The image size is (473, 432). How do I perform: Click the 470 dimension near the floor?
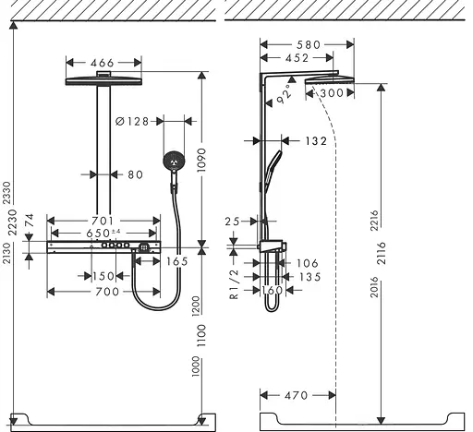(296, 395)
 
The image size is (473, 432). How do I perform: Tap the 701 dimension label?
(103, 221)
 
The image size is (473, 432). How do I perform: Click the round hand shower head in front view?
(172, 162)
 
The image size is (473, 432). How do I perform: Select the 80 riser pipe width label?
(135, 174)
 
